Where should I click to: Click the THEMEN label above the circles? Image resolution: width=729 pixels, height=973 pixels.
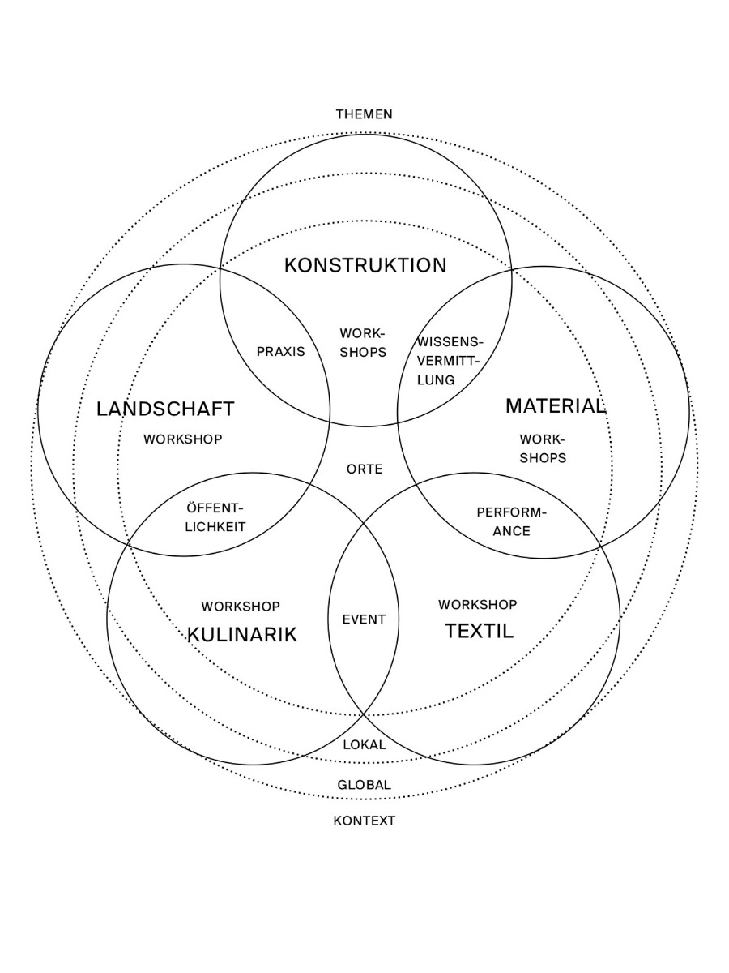tap(364, 114)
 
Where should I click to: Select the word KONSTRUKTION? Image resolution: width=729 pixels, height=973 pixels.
tap(365, 265)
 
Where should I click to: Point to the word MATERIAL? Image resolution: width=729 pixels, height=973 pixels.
tap(556, 405)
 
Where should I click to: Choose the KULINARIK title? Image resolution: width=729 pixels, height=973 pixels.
tap(242, 634)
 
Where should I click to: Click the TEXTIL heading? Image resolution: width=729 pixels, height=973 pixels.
tap(479, 631)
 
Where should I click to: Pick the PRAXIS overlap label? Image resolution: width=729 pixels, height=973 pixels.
tap(280, 351)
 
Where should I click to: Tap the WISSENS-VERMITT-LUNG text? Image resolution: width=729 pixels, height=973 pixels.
tap(449, 360)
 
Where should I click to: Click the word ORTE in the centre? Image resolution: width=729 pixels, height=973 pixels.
tap(364, 469)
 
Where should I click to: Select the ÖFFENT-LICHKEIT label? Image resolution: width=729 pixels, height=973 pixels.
tap(215, 517)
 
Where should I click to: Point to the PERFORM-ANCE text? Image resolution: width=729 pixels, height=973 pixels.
tap(511, 521)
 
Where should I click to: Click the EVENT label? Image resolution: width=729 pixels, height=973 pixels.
tap(364, 619)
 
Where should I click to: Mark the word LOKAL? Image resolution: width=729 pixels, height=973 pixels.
tap(364, 744)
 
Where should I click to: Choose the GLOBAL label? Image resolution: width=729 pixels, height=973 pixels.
tap(364, 784)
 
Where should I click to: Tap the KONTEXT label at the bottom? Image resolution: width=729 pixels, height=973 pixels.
tap(364, 821)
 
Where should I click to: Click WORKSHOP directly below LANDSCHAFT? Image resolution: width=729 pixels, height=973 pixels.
tap(183, 439)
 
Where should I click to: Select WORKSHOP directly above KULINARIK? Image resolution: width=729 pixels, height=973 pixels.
tap(241, 606)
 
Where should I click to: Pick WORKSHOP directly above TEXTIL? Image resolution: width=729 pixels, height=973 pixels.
tap(478, 604)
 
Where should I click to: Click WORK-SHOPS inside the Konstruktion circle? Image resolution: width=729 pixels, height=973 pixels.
tap(362, 342)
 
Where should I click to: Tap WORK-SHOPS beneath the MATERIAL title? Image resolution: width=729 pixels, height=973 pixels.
tap(543, 448)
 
